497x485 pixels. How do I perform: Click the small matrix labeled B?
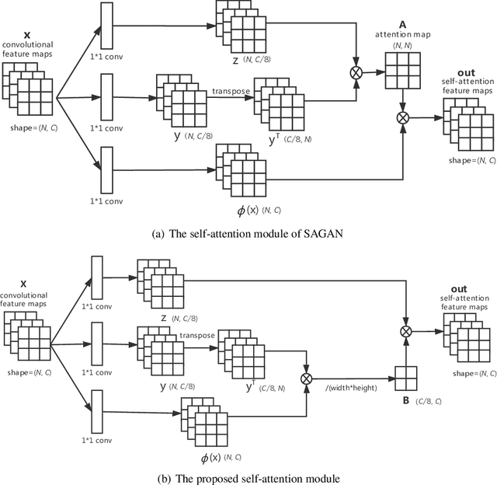[406, 379]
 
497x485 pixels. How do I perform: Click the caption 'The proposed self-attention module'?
[248, 476]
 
